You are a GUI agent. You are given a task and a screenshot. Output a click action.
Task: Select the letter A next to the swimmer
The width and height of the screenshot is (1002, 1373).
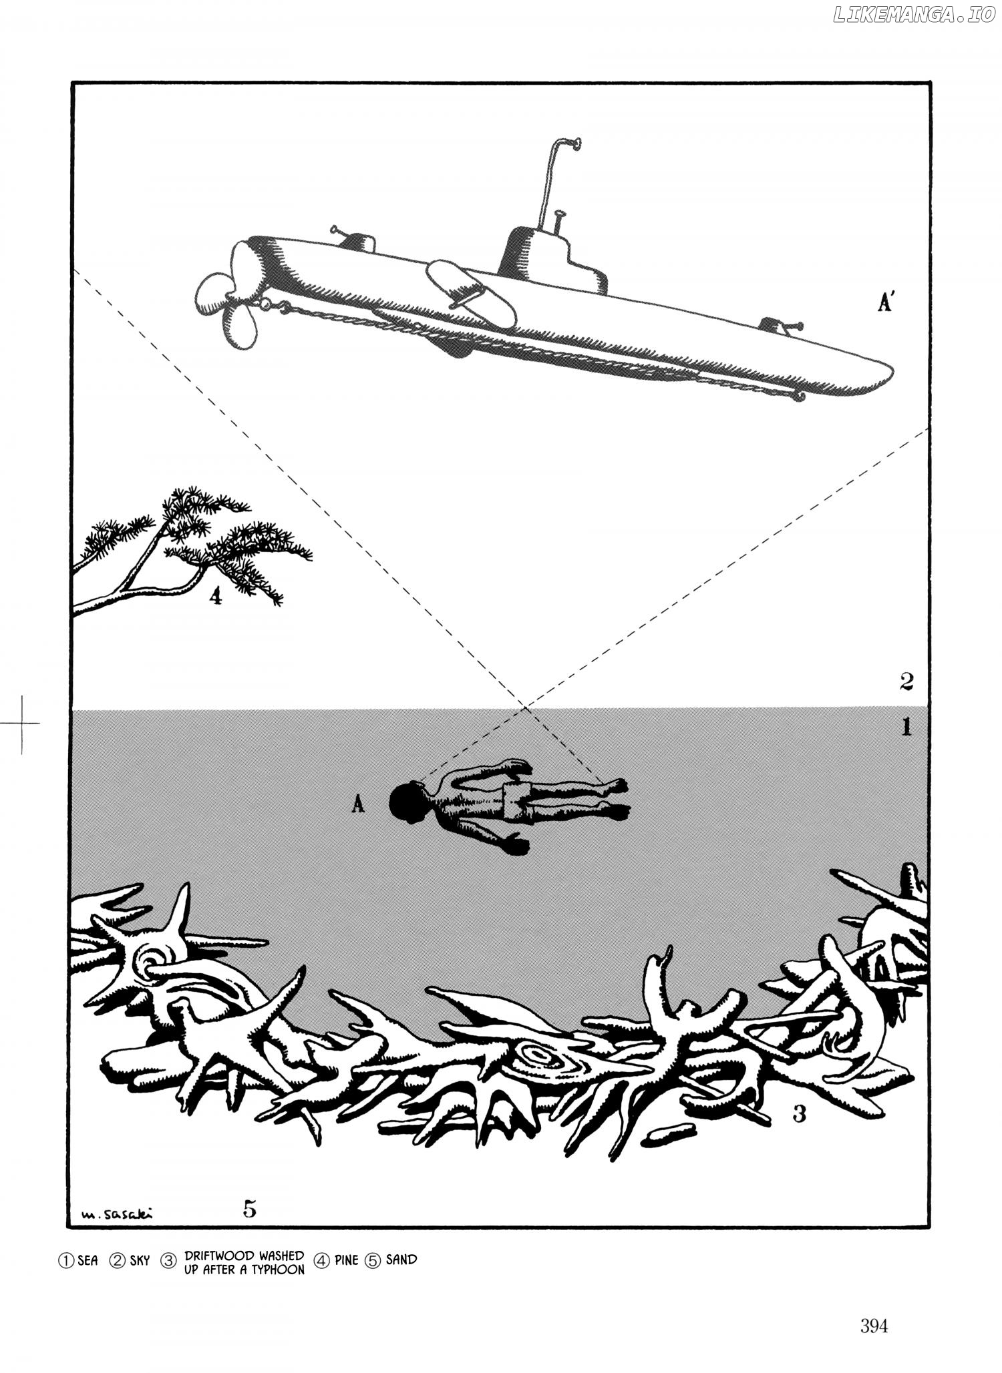tap(358, 806)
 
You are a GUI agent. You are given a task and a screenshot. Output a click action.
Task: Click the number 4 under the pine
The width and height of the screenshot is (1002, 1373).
tap(214, 597)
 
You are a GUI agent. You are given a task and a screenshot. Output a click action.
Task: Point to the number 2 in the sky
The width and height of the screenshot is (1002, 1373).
tap(906, 681)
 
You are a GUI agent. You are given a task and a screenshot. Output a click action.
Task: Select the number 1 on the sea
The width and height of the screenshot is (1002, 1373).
tap(906, 727)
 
